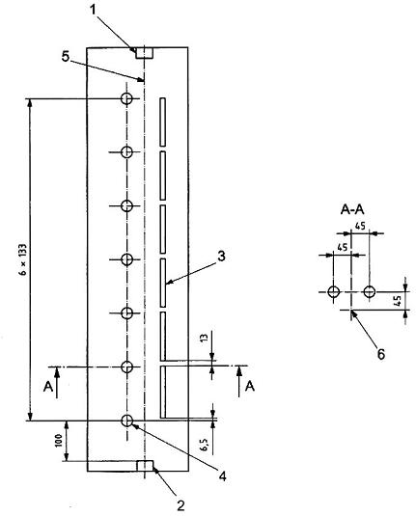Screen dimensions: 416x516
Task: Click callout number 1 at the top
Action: (94, 10)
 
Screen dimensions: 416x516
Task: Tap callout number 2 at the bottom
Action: (180, 505)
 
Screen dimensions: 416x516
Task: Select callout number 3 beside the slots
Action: (222, 256)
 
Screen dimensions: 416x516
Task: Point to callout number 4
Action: (223, 475)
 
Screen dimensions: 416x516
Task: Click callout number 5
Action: (66, 57)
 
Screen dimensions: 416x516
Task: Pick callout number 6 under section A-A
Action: (380, 354)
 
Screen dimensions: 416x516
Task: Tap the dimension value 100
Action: (58, 441)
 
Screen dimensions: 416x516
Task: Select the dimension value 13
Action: (205, 338)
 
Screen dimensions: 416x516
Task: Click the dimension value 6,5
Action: (205, 445)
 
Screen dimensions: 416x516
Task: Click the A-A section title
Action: (352, 210)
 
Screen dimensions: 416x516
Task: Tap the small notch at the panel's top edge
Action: (145, 53)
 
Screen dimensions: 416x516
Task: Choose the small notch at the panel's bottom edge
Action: (145, 466)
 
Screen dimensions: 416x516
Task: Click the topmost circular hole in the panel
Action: (126, 98)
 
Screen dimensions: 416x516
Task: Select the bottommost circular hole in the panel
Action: (126, 421)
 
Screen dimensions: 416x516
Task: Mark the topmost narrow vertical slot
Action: (163, 122)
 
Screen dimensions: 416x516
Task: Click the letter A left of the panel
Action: (48, 387)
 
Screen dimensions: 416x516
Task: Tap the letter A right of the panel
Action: (250, 386)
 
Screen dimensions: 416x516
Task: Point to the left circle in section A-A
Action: (334, 291)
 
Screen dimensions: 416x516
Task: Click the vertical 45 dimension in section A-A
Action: (398, 301)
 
